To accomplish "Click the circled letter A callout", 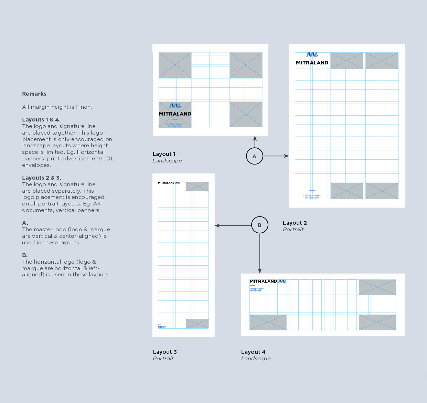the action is (x=255, y=156).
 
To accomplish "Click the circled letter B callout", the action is (x=259, y=225).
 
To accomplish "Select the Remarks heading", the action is (x=34, y=94).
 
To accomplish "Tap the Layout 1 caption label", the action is (x=164, y=154).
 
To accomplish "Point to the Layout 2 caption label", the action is (x=295, y=223).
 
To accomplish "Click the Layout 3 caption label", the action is (x=164, y=352).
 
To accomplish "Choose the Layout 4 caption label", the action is (x=253, y=352).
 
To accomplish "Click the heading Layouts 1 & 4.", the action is (x=41, y=120).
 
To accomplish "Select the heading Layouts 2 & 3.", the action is (x=41, y=178).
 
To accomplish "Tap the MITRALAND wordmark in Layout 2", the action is (x=312, y=63).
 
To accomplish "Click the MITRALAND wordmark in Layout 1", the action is (x=175, y=114).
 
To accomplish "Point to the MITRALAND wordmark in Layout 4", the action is (x=263, y=281).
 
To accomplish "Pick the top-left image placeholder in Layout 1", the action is (x=175, y=65).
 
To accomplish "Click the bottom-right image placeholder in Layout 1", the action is (x=246, y=114).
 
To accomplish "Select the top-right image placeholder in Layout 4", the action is (x=377, y=287).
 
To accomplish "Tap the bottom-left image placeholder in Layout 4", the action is (x=268, y=322).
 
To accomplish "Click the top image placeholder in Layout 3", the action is (x=197, y=186).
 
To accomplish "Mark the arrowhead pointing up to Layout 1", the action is (x=255, y=138).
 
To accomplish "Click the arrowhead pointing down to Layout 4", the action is (x=260, y=271).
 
